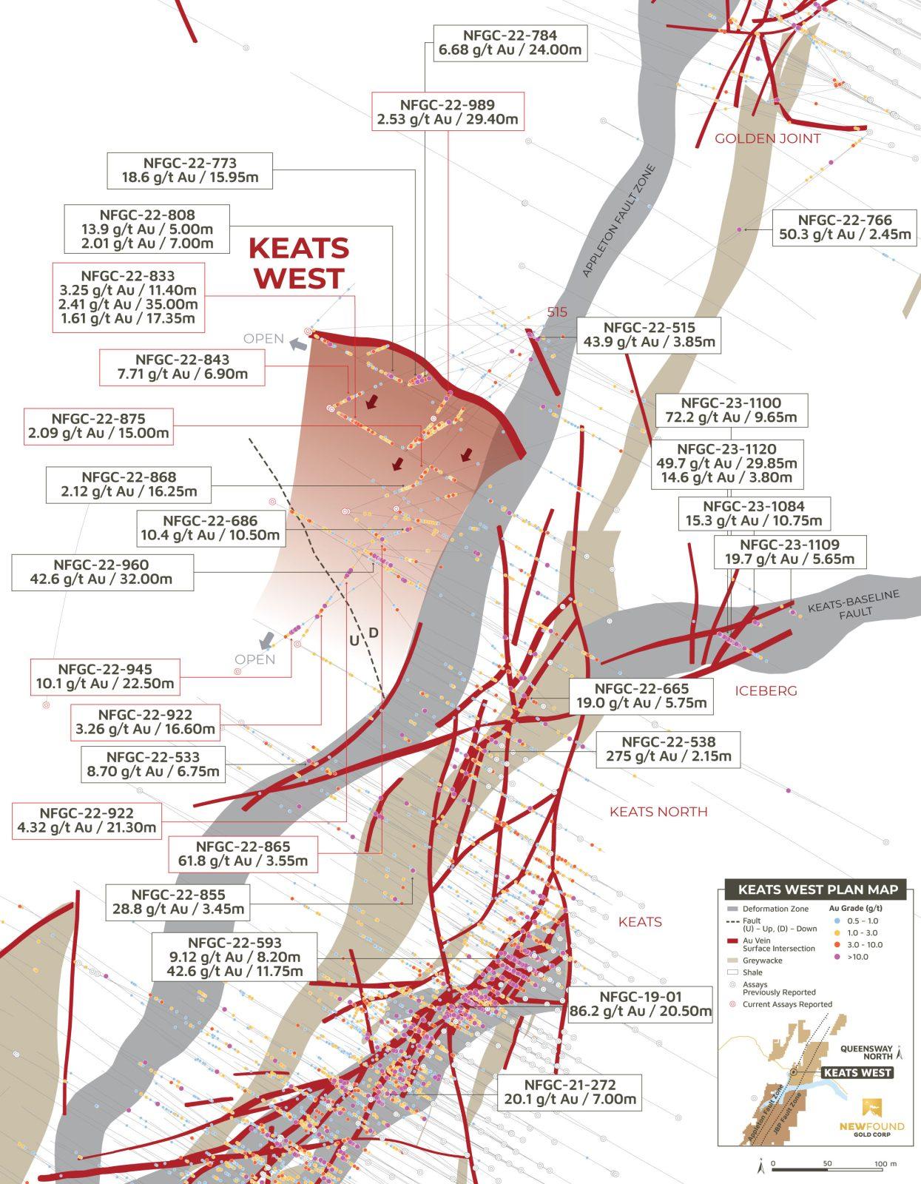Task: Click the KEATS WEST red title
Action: point(298,263)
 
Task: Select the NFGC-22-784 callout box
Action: point(510,43)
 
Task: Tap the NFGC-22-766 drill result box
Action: point(845,227)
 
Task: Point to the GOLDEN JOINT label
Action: point(767,138)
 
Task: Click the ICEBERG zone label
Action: point(766,691)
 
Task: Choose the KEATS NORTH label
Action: point(658,812)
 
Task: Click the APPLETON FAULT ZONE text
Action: point(618,221)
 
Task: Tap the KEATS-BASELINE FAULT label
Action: point(854,605)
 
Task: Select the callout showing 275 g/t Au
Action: point(668,749)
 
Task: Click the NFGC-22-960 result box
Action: point(102,572)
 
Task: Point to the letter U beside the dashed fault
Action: point(354,642)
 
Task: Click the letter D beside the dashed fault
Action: point(374,633)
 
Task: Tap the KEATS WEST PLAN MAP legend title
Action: point(817,889)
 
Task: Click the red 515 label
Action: point(557,312)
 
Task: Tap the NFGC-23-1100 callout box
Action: point(732,410)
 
